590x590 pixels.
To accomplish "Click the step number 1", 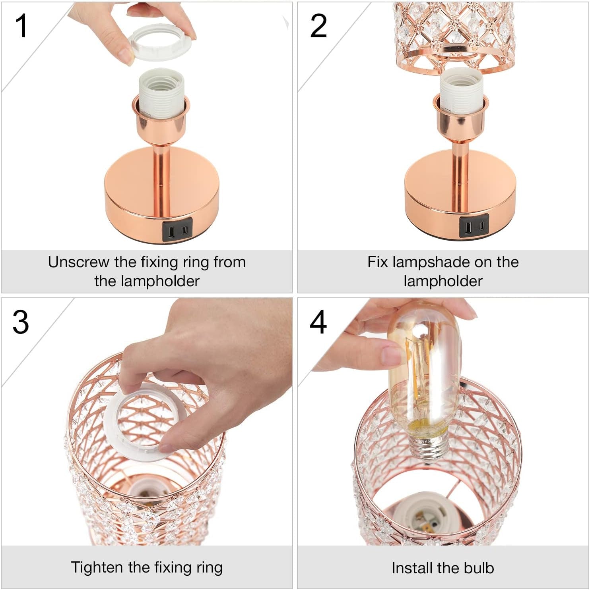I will point(21,26).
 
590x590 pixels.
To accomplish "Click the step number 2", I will point(318,26).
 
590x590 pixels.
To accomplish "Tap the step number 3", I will point(21,322).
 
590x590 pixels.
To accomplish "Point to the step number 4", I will point(318,322).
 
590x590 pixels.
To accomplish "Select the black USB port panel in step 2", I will point(474,227).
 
